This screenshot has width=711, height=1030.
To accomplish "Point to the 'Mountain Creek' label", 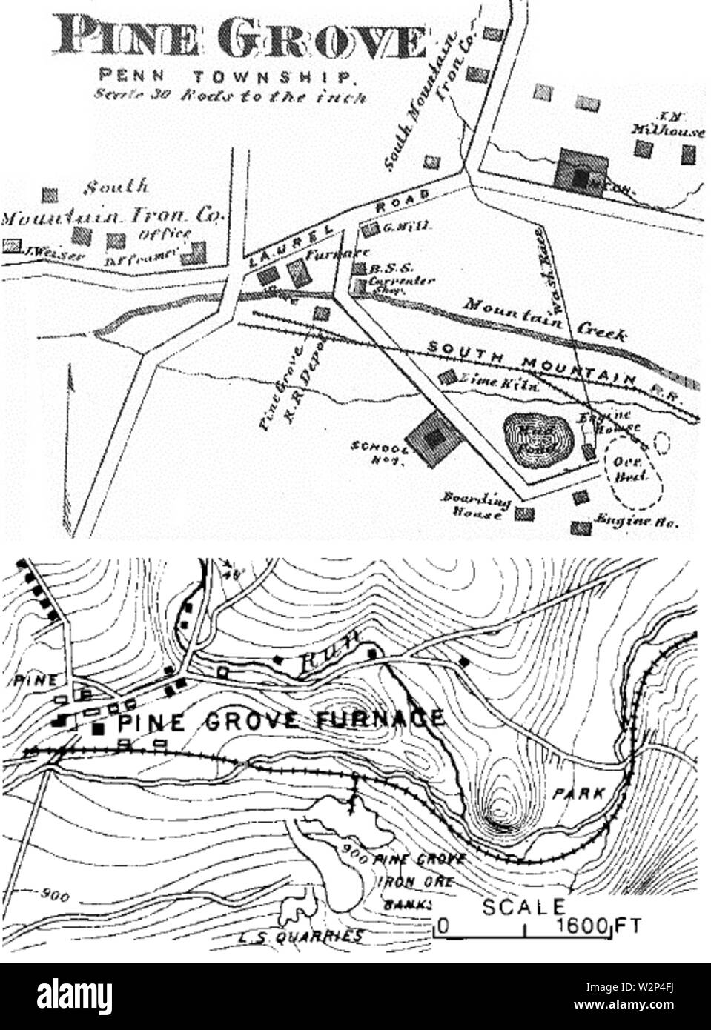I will point(546,319).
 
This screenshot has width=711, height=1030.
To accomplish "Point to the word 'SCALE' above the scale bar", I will point(523,906).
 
